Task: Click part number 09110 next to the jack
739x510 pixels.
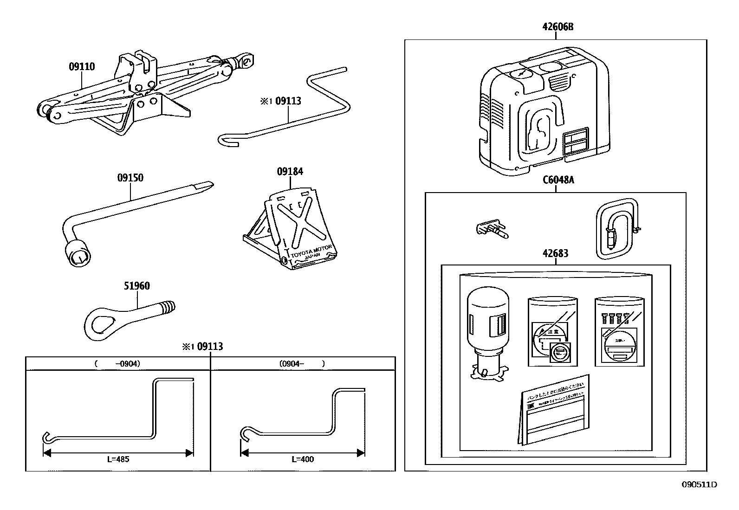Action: [x=82, y=67]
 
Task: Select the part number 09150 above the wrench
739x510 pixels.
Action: [x=130, y=178]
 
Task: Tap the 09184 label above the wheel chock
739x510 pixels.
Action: [x=290, y=172]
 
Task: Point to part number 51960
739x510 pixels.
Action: [x=137, y=286]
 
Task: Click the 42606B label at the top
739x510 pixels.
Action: [x=558, y=27]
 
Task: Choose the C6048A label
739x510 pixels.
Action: [x=558, y=180]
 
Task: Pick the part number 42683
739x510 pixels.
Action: [x=555, y=253]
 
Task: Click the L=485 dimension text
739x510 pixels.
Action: [x=118, y=459]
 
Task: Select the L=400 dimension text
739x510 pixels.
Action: [x=303, y=459]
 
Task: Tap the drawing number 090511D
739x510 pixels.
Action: [x=699, y=484]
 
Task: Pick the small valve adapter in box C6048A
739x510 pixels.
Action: [x=492, y=229]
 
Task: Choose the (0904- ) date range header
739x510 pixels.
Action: [x=302, y=364]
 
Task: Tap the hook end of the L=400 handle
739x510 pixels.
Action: [x=245, y=433]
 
